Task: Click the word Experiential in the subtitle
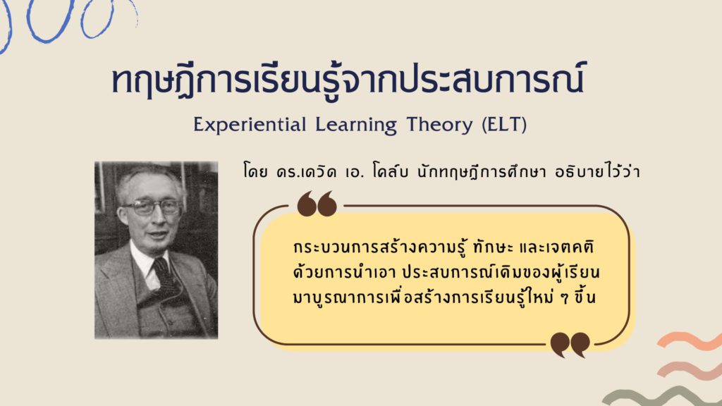tap(250, 125)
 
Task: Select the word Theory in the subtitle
tap(439, 125)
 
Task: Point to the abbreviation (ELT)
tap(504, 125)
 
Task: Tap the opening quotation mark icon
tap(317, 204)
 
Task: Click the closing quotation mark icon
tap(570, 345)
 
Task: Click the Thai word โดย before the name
tap(255, 172)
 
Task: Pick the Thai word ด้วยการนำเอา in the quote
tap(344, 272)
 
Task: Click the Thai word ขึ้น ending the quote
tap(585, 297)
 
